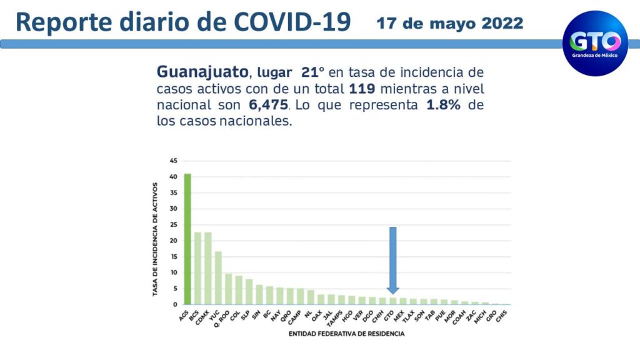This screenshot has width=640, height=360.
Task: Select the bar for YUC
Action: click(218, 277)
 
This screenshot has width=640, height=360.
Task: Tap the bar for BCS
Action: click(197, 268)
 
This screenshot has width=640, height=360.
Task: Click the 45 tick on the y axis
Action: click(172, 161)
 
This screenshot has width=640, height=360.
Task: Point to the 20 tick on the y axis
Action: click(172, 241)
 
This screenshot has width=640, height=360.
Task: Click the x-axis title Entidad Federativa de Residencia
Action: click(346, 334)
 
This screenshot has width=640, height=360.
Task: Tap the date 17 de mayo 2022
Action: click(450, 24)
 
